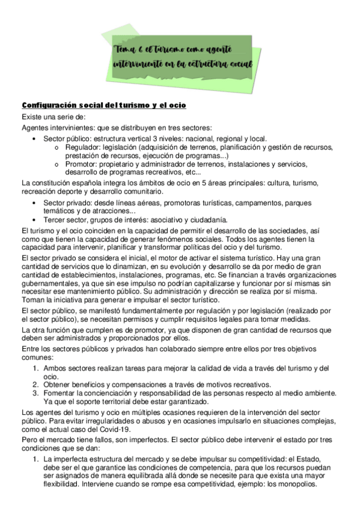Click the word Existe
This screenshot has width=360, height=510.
(x=33, y=117)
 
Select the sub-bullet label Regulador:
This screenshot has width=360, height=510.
(x=82, y=147)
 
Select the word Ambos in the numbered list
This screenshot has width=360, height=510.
(x=55, y=369)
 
